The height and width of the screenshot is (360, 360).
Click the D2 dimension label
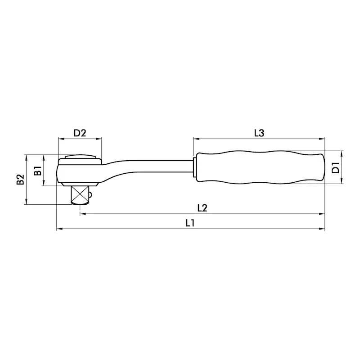coord(80,133)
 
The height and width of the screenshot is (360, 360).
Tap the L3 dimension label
coord(259,133)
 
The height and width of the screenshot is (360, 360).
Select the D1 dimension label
coord(336,167)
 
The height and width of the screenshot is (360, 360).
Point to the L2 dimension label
coord(202,208)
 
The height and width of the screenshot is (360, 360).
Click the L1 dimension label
coord(190,223)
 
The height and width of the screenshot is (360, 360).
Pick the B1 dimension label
coord(38,171)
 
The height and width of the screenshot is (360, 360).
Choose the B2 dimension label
coord(20,179)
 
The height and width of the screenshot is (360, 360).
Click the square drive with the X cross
coord(80,195)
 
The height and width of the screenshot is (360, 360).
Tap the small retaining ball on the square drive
coord(91,195)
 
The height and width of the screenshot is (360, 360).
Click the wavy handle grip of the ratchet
coord(261,167)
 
